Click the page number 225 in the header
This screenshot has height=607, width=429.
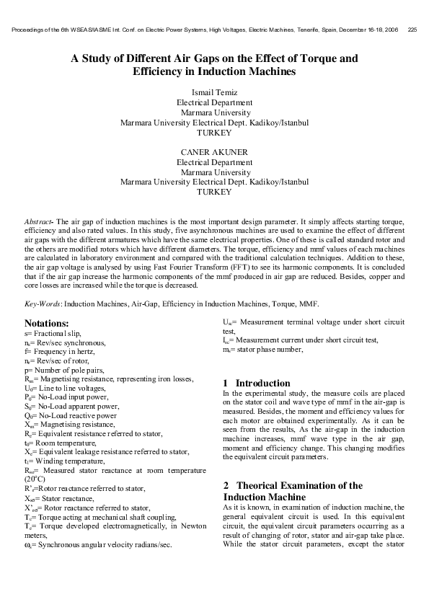click(x=412, y=30)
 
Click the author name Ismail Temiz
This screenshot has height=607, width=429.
click(x=214, y=93)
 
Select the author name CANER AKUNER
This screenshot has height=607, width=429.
click(x=214, y=152)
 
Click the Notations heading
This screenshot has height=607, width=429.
click(x=47, y=324)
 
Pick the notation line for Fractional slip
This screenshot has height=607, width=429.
click(x=54, y=335)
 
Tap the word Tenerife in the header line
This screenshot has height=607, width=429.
click(x=280, y=30)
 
